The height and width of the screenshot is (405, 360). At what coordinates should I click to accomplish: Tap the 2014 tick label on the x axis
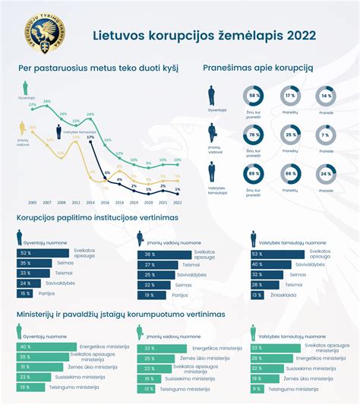[x=90, y=203]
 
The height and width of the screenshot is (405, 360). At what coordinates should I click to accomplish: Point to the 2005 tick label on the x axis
[x=33, y=203]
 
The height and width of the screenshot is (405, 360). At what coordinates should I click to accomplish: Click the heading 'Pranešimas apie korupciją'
[x=257, y=68]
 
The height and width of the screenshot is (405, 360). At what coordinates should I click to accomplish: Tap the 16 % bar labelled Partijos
[x=27, y=293]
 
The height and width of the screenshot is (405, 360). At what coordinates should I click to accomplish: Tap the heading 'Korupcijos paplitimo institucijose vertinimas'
[x=98, y=217]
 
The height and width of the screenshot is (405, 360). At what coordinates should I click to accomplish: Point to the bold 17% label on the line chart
[x=90, y=138]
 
